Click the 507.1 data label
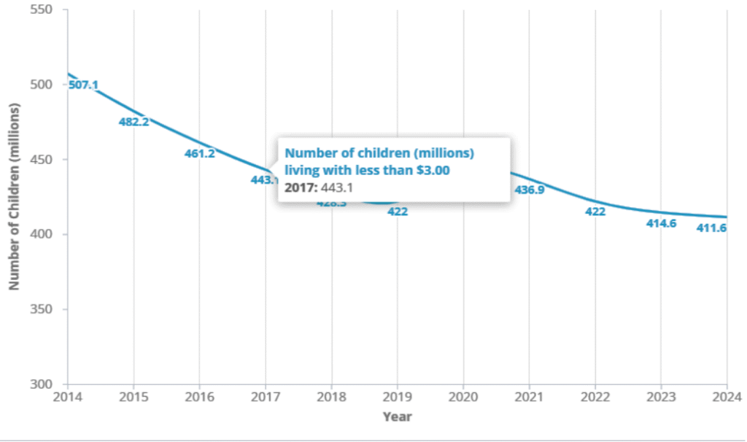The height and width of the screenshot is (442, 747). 83,85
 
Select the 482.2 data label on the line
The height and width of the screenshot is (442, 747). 133,122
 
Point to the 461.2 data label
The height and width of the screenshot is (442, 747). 199,154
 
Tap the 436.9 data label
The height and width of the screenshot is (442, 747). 530,190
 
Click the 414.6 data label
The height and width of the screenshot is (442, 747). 661,224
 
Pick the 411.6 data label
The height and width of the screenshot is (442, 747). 727,228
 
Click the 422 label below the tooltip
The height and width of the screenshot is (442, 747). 398,212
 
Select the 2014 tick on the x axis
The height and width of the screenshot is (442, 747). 67,398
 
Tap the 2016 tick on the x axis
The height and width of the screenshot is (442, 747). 199,398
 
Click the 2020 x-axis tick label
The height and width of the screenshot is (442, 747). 463,398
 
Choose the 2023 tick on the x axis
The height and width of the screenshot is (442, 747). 661,398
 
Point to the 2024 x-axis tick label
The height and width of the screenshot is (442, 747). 727,398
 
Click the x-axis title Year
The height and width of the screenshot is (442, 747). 397,417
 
